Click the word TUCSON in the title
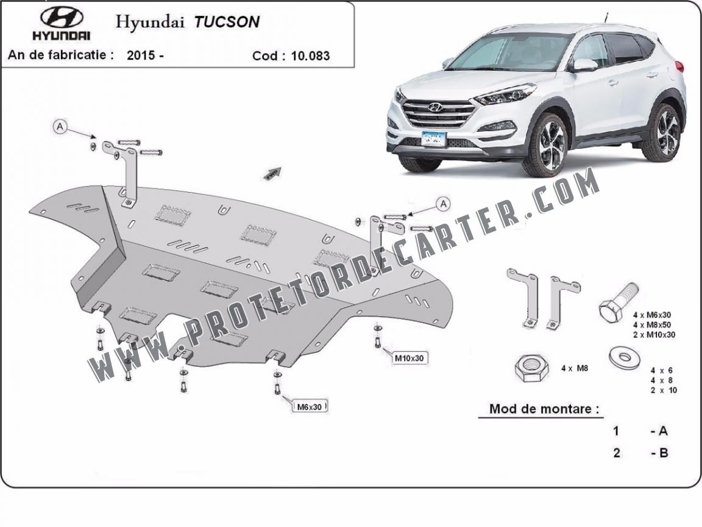click(x=227, y=22)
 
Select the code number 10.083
click(x=310, y=56)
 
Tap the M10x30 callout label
click(x=409, y=358)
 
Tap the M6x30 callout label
click(x=310, y=407)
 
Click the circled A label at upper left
click(x=60, y=127)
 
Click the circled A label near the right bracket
click(x=443, y=204)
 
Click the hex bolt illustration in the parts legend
click(x=618, y=303)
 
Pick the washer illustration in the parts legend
click(x=625, y=357)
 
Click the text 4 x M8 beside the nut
click(x=575, y=368)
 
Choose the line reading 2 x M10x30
click(x=654, y=335)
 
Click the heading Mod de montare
click(x=544, y=409)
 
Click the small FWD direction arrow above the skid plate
click(x=272, y=173)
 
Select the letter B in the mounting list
click(x=664, y=453)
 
